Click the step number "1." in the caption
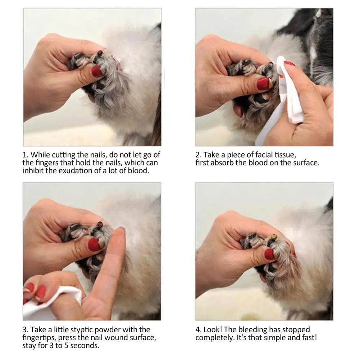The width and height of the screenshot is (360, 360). (26, 155)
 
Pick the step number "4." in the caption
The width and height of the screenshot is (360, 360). (199, 329)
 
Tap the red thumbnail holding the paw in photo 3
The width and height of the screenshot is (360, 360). (94, 244)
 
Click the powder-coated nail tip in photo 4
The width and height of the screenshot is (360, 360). (274, 236)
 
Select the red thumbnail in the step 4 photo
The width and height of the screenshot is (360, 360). (270, 254)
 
